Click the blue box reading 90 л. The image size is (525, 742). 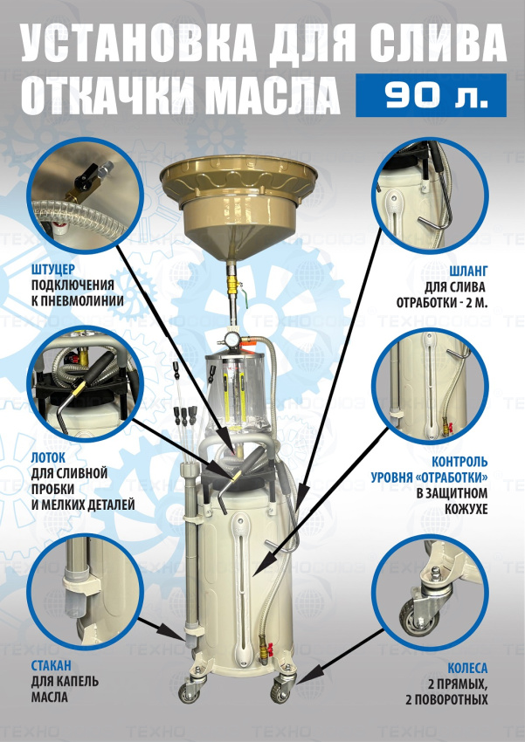point(431,95)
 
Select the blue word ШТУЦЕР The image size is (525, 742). point(53,270)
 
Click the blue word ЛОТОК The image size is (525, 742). point(48,458)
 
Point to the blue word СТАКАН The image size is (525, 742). point(52,666)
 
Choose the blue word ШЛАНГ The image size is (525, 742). point(469,271)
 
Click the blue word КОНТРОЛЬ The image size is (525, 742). point(459,462)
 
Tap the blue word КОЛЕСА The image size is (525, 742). point(467,668)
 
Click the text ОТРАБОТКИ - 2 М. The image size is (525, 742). point(442,303)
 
